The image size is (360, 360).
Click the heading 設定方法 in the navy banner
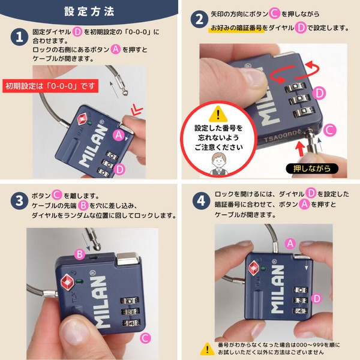pyautogui.click(x=89, y=11)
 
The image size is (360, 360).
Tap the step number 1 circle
pyautogui.click(x=19, y=37)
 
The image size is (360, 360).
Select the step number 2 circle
pyautogui.click(x=199, y=19)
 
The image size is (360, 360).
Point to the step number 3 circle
pyautogui.click(x=19, y=200)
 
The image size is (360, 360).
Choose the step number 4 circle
pyautogui.click(x=202, y=200)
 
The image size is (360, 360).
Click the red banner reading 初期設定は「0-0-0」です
pyautogui.click(x=50, y=86)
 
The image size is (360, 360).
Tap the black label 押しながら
pyautogui.click(x=312, y=169)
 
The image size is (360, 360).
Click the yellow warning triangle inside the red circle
pyautogui.click(x=218, y=114)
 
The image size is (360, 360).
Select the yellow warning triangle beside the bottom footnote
pyautogui.click(x=208, y=349)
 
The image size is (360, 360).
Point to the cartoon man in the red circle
pyautogui.click(x=218, y=164)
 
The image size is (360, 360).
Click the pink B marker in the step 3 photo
pyautogui.click(x=80, y=254)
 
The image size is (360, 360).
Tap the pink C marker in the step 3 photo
pyautogui.click(x=145, y=338)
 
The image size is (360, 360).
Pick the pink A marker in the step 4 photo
pyautogui.click(x=290, y=244)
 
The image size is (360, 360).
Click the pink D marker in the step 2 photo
pyautogui.click(x=319, y=93)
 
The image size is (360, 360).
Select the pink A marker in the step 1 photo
pyautogui.click(x=118, y=135)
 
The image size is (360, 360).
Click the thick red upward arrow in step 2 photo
pyautogui.click(x=300, y=149)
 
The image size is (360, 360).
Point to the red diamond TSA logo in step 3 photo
pyautogui.click(x=67, y=283)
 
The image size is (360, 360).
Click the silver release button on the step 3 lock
pyautogui.click(x=128, y=259)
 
